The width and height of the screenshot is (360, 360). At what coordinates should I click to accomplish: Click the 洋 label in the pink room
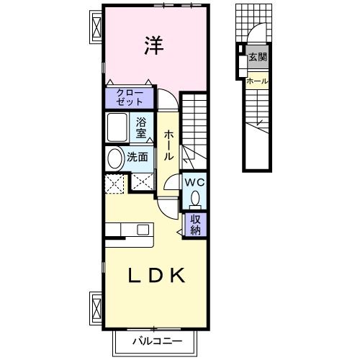(153, 45)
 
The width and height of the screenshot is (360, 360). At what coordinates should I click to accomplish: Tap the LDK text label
(158, 276)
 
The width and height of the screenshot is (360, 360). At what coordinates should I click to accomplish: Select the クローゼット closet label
(130, 96)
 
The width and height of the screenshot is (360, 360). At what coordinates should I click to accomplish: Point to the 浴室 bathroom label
(142, 127)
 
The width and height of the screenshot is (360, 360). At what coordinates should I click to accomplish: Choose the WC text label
(194, 183)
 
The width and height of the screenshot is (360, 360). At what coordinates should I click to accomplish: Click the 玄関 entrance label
(257, 58)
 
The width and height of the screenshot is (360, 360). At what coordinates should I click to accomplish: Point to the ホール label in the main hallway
(168, 145)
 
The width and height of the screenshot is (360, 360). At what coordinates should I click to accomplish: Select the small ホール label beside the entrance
(257, 81)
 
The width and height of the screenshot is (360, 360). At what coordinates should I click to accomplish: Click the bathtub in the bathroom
(118, 127)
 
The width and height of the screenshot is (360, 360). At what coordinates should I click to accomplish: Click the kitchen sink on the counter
(143, 230)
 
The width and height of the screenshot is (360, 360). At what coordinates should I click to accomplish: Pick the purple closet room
(130, 97)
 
